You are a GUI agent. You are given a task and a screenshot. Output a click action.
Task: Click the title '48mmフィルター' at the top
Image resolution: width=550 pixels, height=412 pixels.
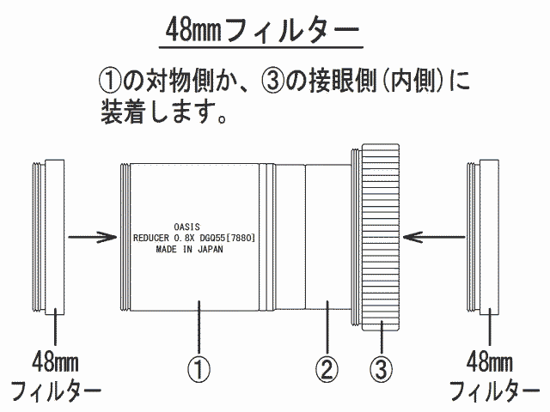click(262, 30)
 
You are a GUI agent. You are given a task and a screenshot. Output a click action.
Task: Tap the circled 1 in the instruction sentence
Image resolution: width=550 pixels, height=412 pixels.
click(110, 80)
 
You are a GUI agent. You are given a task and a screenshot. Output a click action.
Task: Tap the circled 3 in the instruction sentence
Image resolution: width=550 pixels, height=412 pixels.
click(272, 80)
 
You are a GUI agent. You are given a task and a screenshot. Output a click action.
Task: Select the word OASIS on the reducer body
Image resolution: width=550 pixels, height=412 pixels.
click(187, 227)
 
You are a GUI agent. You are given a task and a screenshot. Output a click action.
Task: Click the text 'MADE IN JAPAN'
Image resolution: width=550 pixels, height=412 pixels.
click(189, 249)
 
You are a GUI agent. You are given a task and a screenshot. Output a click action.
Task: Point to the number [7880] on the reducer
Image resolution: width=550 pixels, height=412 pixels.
click(241, 238)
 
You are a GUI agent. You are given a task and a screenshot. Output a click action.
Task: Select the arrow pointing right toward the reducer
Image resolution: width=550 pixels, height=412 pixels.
click(93, 237)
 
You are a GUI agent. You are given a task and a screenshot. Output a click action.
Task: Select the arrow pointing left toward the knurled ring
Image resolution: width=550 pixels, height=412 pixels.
click(434, 237)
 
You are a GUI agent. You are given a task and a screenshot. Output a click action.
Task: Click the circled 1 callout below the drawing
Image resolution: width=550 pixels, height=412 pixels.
click(199, 369)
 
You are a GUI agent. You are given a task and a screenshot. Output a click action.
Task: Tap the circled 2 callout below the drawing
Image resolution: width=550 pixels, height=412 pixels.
click(327, 369)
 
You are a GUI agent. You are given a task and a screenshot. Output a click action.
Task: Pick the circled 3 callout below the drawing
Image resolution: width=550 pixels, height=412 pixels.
click(382, 369)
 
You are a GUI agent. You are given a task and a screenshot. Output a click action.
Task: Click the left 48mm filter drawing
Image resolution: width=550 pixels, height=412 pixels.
click(48, 237)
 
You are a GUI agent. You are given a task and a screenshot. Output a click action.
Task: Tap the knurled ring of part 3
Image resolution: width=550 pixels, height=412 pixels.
click(381, 237)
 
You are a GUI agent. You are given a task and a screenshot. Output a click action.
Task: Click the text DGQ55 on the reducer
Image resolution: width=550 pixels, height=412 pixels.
click(212, 238)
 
